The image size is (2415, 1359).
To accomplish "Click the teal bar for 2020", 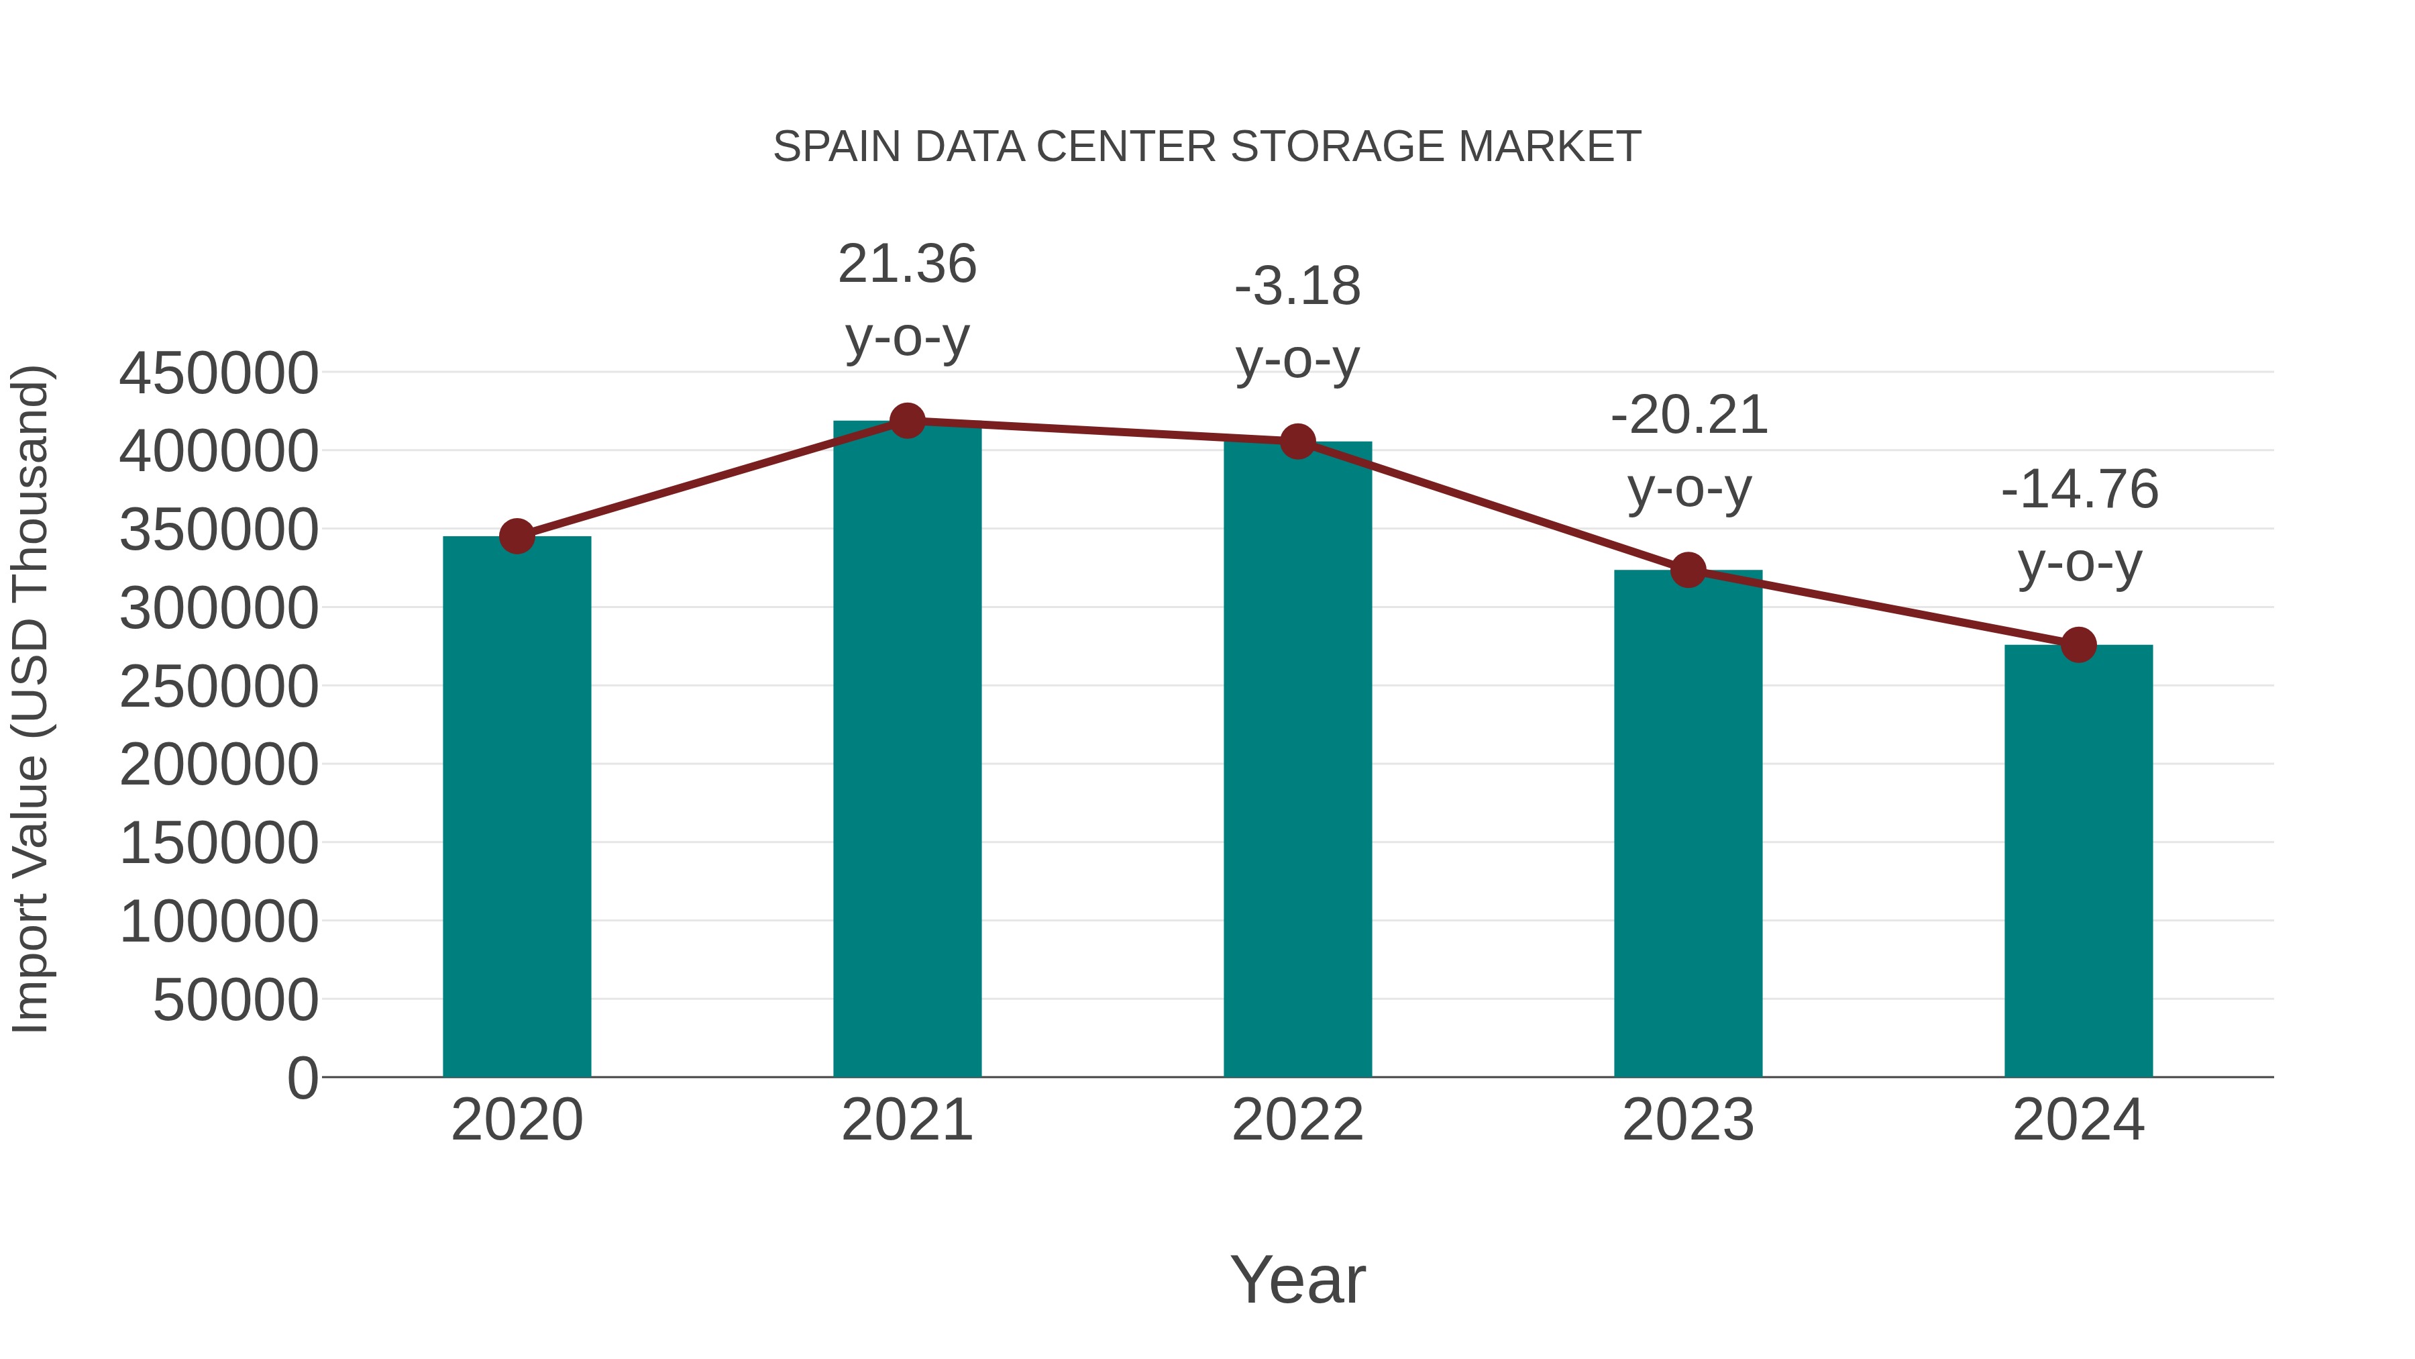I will click(517, 807).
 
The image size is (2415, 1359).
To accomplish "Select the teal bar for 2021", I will click(906, 750).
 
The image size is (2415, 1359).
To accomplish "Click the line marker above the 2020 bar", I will click(517, 536).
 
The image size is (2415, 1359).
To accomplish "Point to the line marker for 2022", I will click(1297, 441).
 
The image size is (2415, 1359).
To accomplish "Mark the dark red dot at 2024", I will click(2078, 645).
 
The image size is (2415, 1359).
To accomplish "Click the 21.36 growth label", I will click(906, 264).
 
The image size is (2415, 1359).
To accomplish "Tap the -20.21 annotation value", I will click(1688, 415).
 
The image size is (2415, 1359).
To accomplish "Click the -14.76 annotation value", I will click(2080, 490).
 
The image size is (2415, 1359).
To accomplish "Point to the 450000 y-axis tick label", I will click(219, 373).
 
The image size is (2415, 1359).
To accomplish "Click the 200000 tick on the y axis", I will click(219, 764).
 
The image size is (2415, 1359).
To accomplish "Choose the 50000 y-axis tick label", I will click(235, 1000).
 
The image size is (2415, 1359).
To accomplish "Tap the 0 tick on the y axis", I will click(302, 1078).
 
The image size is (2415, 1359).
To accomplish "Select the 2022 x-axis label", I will click(1297, 1120).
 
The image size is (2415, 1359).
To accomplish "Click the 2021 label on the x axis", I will click(906, 1120).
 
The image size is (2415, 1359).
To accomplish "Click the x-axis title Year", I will click(1297, 1279).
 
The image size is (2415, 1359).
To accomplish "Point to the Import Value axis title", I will click(30, 699).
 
